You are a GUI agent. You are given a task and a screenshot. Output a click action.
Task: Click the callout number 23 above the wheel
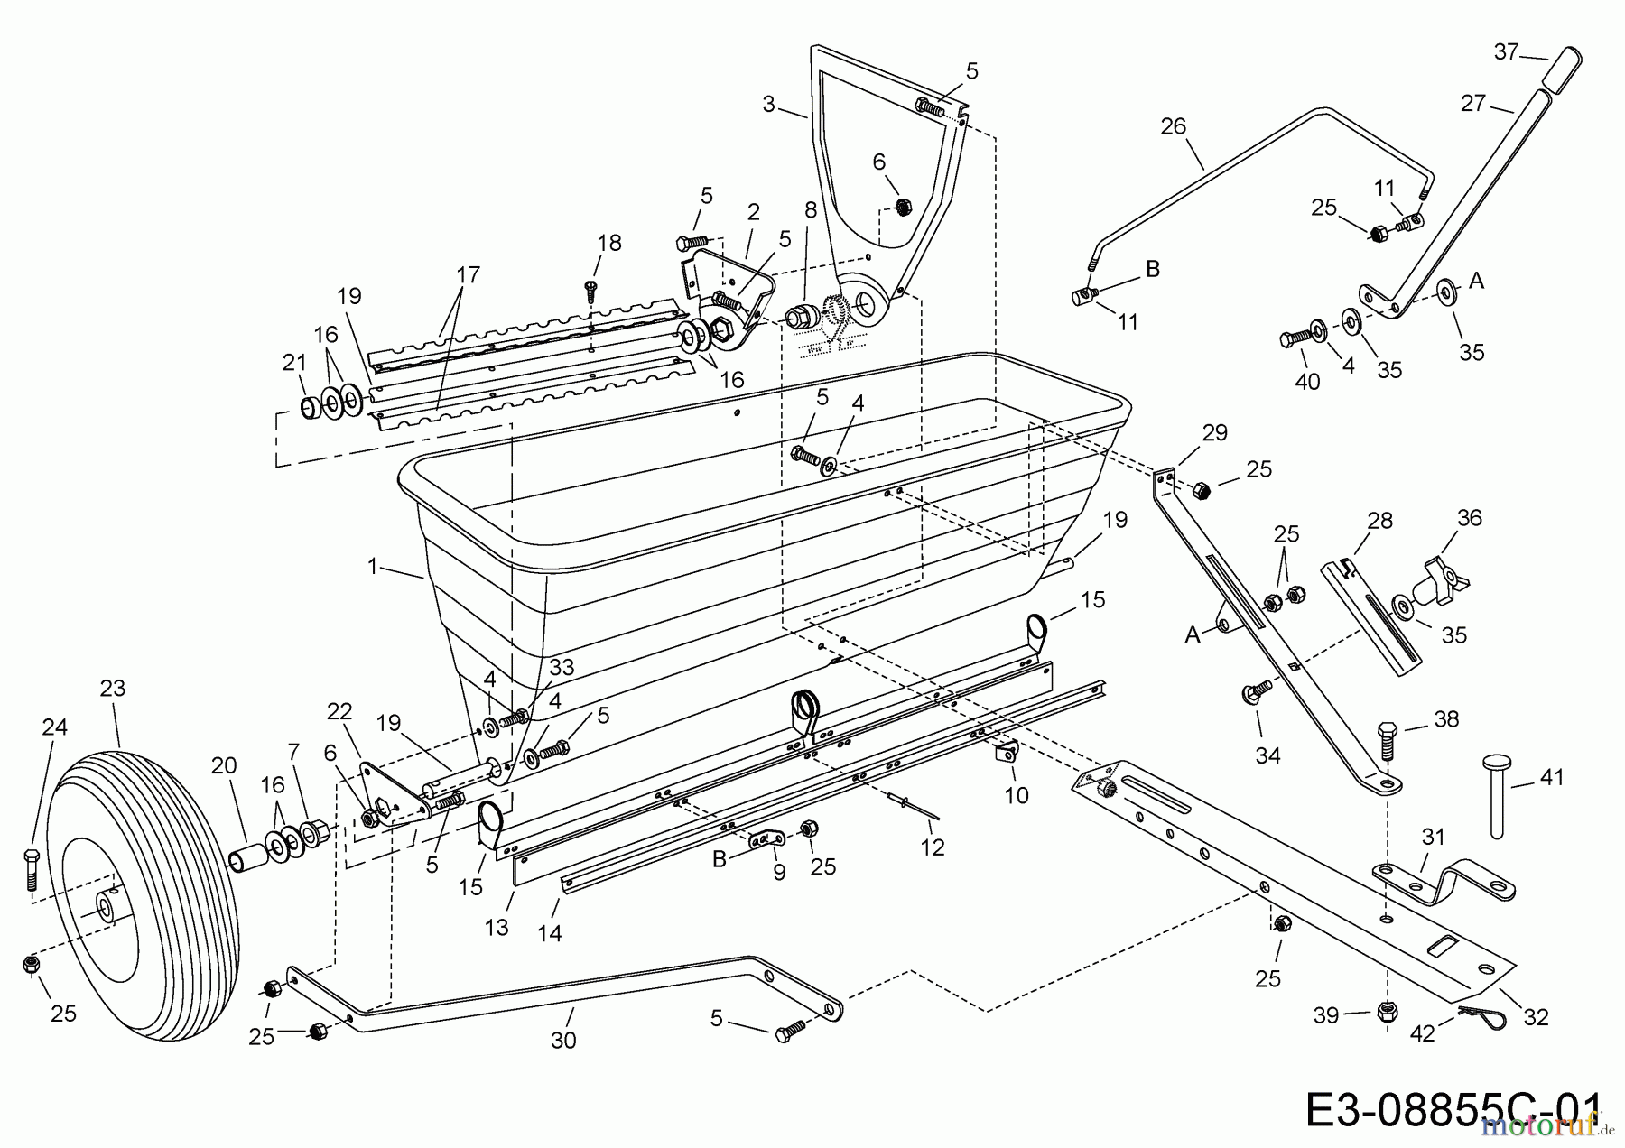112,689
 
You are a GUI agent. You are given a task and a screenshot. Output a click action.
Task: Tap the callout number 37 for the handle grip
1506,52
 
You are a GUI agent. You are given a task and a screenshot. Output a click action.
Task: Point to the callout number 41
1551,777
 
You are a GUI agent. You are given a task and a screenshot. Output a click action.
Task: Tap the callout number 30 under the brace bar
563,1041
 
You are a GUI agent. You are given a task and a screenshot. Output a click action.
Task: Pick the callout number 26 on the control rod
1173,126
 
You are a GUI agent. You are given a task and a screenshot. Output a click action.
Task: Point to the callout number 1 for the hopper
372,566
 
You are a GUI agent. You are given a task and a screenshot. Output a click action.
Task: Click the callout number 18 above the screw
609,242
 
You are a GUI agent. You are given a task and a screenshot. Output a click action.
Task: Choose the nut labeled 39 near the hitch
1387,1012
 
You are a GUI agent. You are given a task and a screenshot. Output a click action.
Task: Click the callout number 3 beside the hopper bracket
768,105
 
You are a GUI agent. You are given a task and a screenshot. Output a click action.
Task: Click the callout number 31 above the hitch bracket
1433,838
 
